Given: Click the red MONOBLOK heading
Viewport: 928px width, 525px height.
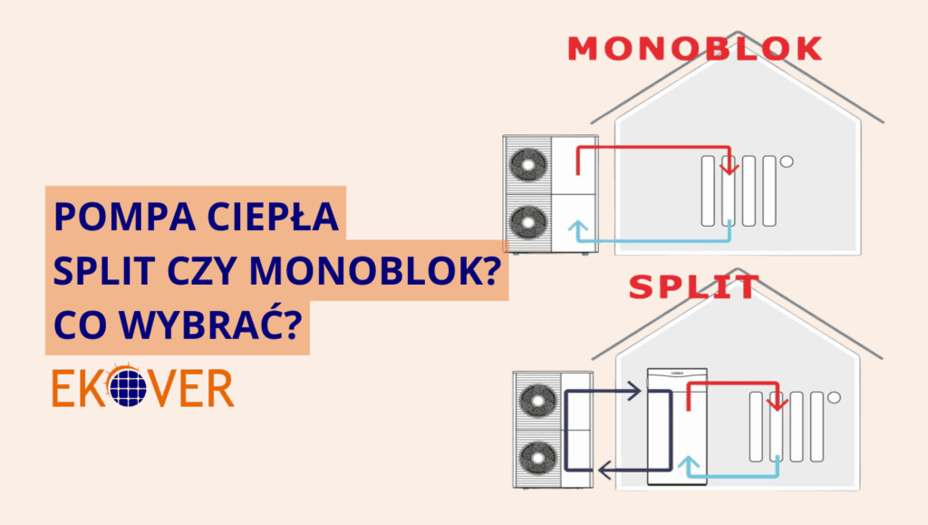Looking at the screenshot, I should [x=694, y=49].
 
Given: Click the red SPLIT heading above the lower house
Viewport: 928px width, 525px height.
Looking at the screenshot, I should [x=693, y=287].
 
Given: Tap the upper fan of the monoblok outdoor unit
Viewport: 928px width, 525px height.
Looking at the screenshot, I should [x=527, y=164].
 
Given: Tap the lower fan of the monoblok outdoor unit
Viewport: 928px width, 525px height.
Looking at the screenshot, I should [x=527, y=221].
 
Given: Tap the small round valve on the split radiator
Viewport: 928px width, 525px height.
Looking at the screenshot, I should [x=833, y=396].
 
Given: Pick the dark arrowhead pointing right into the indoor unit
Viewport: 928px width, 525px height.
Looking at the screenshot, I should [x=636, y=393].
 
